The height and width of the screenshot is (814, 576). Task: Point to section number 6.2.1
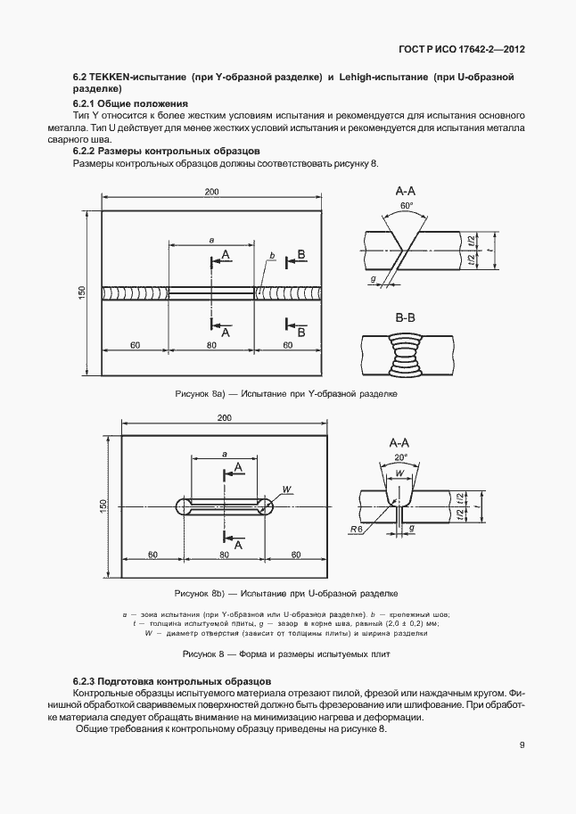86,104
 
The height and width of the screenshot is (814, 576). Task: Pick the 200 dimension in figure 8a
211,193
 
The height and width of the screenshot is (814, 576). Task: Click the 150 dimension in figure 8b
104,506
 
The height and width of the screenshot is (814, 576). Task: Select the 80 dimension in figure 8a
211,344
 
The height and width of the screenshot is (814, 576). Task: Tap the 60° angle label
407,205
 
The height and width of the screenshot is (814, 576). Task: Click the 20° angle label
399,456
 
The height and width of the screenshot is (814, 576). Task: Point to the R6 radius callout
356,529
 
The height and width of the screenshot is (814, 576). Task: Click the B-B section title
406,317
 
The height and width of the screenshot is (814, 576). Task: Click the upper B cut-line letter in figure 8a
301,255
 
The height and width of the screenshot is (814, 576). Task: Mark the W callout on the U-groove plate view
286,489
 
